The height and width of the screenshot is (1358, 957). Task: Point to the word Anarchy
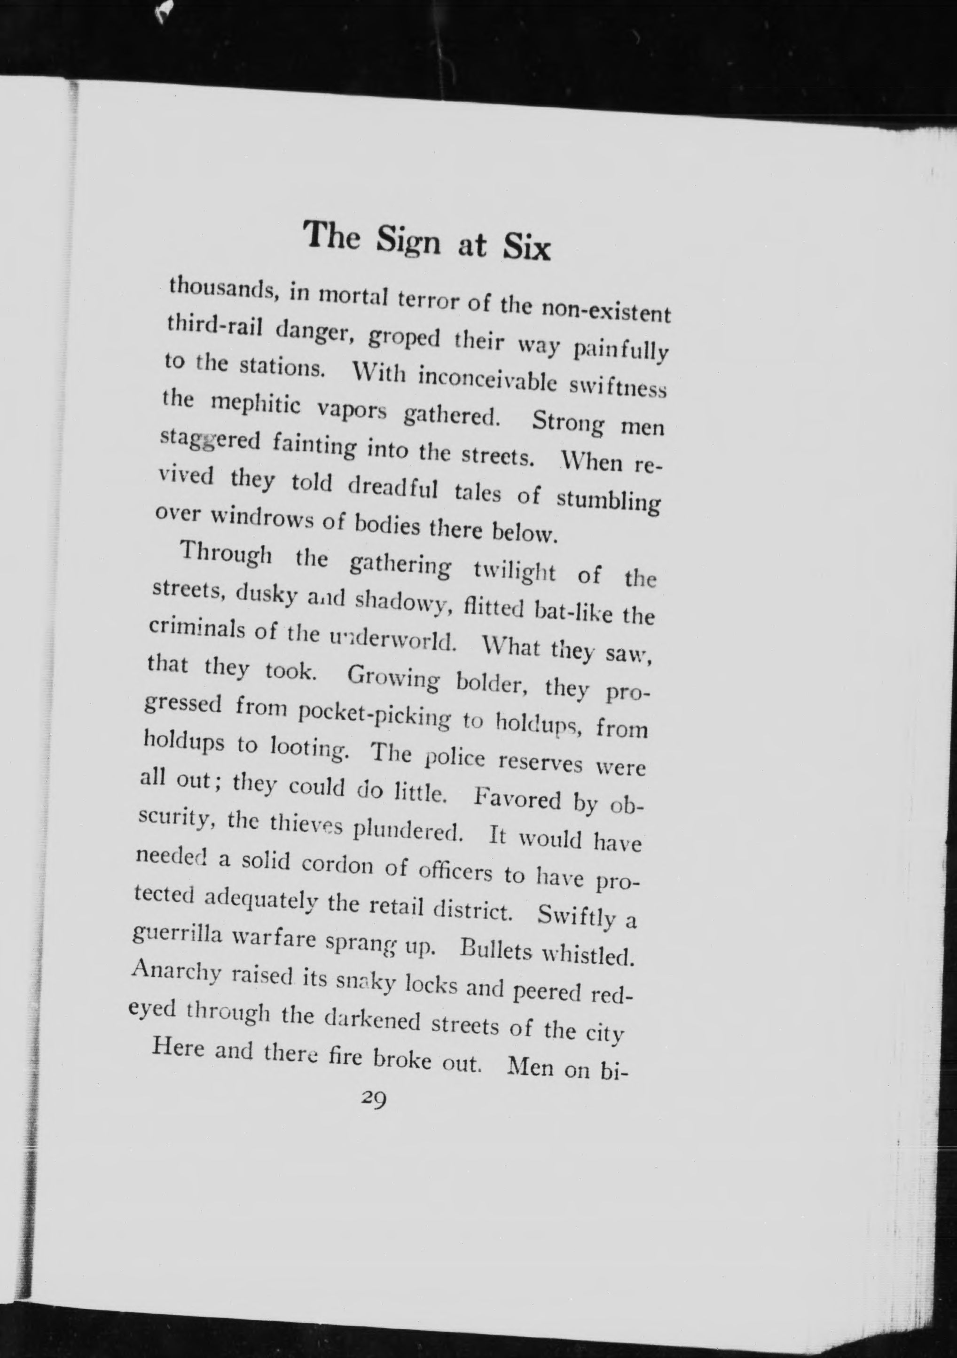(172, 971)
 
